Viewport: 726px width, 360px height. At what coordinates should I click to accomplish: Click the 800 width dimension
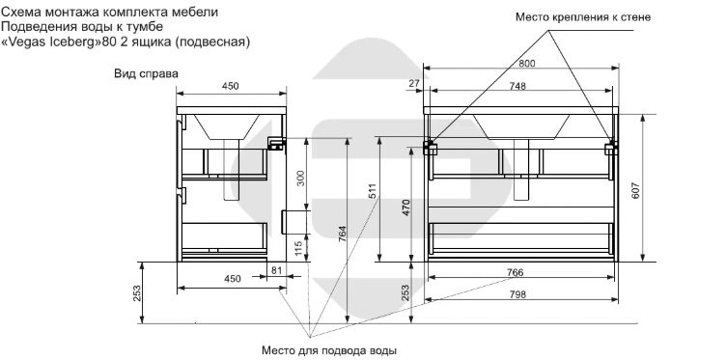click(526, 64)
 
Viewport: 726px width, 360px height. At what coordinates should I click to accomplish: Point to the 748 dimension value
click(517, 86)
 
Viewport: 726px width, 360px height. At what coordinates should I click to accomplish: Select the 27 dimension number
click(414, 83)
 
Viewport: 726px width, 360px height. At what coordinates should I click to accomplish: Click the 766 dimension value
click(515, 272)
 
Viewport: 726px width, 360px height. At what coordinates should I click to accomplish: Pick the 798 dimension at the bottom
click(517, 294)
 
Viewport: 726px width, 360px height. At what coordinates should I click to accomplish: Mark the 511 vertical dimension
click(374, 191)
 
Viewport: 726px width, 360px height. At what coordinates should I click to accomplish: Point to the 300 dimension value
click(301, 179)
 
